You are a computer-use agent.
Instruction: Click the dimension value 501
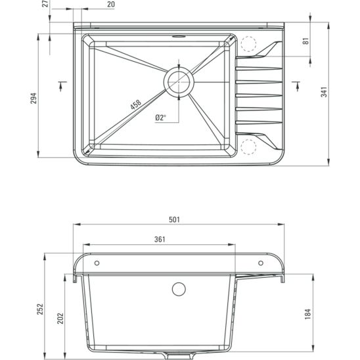pos(174,220)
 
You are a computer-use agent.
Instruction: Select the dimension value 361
pos(160,240)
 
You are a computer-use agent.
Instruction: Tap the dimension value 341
pos(325,93)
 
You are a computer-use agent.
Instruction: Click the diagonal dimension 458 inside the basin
pos(135,104)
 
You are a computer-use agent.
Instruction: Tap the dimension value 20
pos(110,5)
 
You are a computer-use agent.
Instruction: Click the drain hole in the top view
pos(178,81)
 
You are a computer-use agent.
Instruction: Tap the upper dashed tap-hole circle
pos(248,44)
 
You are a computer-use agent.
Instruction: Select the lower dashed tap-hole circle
pos(248,146)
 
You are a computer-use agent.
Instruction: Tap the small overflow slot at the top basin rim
pos(177,37)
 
